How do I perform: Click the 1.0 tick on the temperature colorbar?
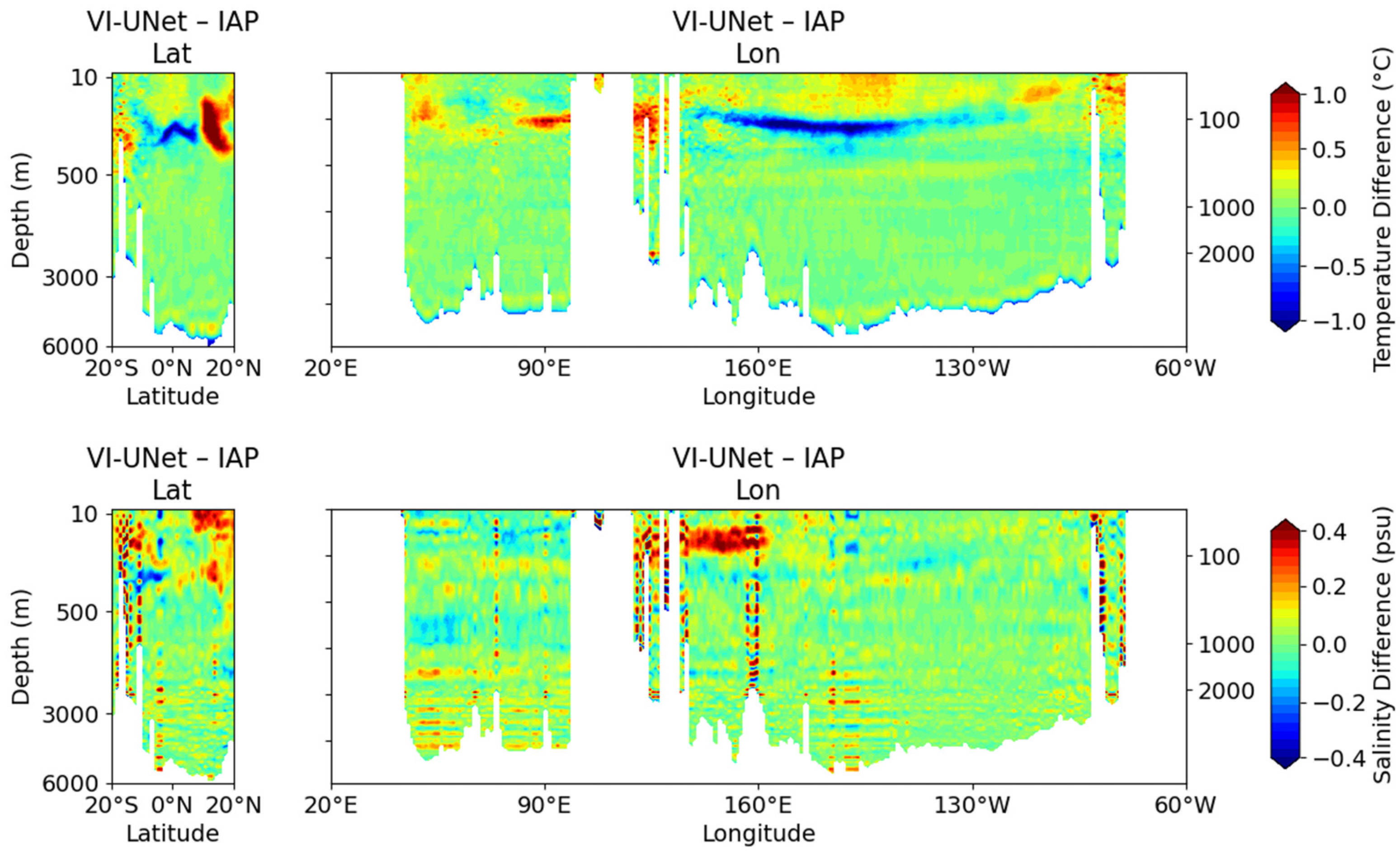coord(1330,95)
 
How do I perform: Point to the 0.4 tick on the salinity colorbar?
coord(1330,532)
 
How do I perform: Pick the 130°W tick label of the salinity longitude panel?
coord(973,805)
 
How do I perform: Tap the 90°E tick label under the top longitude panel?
coord(545,369)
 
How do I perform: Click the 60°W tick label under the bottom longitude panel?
coord(1185,805)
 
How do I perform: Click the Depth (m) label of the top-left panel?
coord(21,210)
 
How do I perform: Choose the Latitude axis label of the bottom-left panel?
coord(173,833)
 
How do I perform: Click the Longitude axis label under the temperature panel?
coord(759,396)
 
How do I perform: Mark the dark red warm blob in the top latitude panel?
coord(214,125)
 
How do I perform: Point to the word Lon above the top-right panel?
coord(758,54)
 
